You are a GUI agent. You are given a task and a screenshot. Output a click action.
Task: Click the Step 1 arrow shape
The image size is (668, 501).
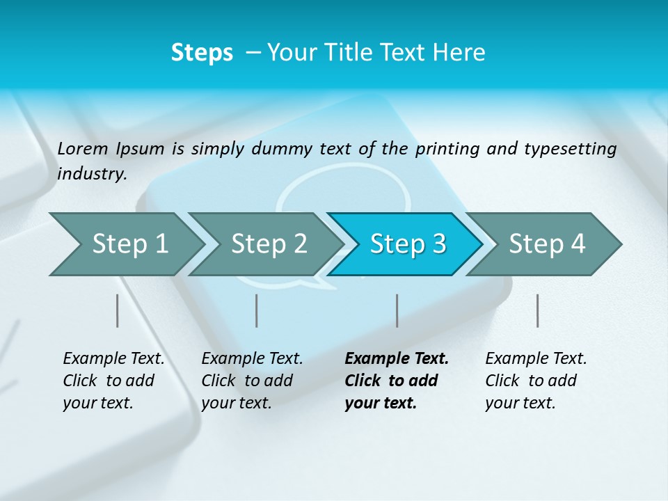coord(129,244)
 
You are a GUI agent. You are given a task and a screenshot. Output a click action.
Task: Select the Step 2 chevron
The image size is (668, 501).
coord(268,244)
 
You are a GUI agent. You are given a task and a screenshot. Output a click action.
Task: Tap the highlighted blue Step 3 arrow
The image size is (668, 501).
coord(407,244)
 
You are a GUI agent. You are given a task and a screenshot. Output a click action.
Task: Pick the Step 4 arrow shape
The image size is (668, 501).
coord(546,244)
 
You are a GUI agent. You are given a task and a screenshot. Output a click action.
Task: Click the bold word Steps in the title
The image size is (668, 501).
coord(202,53)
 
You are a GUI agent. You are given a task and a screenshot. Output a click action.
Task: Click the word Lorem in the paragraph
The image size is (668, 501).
coord(82,149)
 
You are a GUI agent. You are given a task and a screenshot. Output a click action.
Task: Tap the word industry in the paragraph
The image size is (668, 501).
coord(92,173)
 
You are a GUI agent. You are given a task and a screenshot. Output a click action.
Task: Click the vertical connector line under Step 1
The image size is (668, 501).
coord(118,310)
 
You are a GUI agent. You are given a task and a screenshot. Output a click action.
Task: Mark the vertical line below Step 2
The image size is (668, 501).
coord(257,310)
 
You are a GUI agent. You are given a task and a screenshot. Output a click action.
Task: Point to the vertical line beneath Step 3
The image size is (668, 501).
coord(397,310)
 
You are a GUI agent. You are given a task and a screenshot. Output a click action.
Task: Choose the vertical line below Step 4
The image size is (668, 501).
coord(538,310)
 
